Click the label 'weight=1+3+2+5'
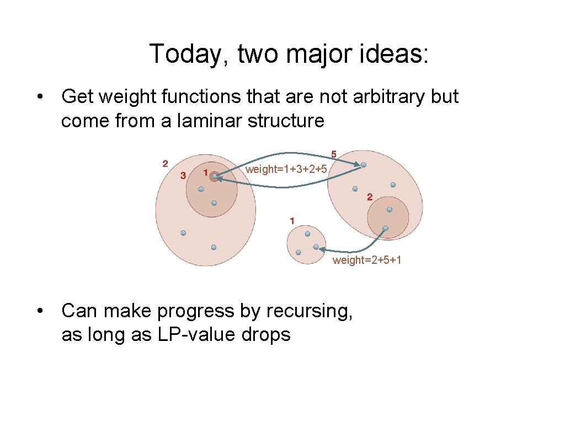286,169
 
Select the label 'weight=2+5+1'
367,260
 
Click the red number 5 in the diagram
334,154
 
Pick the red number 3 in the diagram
183,176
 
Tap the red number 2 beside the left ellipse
165,164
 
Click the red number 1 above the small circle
292,221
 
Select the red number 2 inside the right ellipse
369,197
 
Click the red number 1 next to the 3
205,173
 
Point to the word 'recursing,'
309,311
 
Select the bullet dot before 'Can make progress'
40,311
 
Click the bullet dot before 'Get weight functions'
40,97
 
